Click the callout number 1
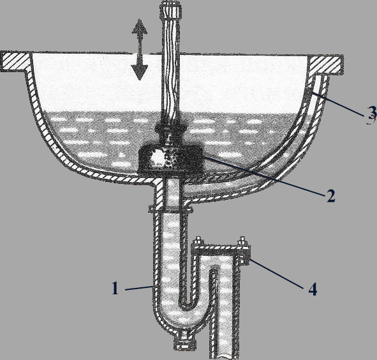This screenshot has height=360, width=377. (x=115, y=289)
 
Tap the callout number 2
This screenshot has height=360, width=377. (x=330, y=196)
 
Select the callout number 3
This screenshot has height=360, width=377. (x=372, y=114)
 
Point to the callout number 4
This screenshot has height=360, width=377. (x=313, y=289)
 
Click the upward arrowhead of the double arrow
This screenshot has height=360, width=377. (x=140, y=26)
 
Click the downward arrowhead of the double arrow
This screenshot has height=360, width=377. (x=140, y=72)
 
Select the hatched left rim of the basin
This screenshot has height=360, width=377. (x=15, y=62)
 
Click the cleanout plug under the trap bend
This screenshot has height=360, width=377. (x=186, y=341)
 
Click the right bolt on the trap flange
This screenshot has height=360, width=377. (x=243, y=241)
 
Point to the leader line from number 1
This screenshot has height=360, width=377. (x=138, y=288)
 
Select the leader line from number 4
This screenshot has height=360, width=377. (x=276, y=273)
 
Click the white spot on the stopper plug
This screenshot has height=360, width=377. (x=158, y=158)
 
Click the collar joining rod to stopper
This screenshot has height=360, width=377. (x=170, y=128)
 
